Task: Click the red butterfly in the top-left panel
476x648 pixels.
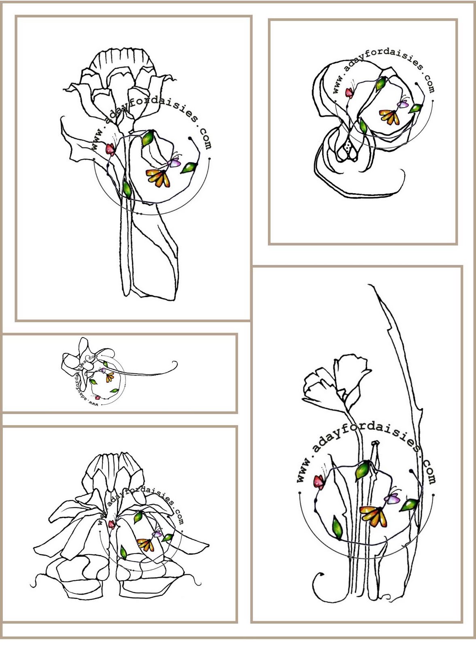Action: tap(110, 149)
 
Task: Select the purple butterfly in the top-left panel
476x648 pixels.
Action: tap(174, 163)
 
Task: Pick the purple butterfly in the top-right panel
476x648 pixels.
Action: tap(403, 104)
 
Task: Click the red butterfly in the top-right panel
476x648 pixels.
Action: tap(349, 92)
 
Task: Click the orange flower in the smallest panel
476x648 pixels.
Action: tap(110, 377)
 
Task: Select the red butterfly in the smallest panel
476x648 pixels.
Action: tap(98, 398)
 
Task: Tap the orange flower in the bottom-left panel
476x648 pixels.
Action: tap(145, 545)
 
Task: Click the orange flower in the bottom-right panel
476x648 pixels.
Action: tap(374, 516)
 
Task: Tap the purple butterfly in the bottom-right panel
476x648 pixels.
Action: tap(392, 499)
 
